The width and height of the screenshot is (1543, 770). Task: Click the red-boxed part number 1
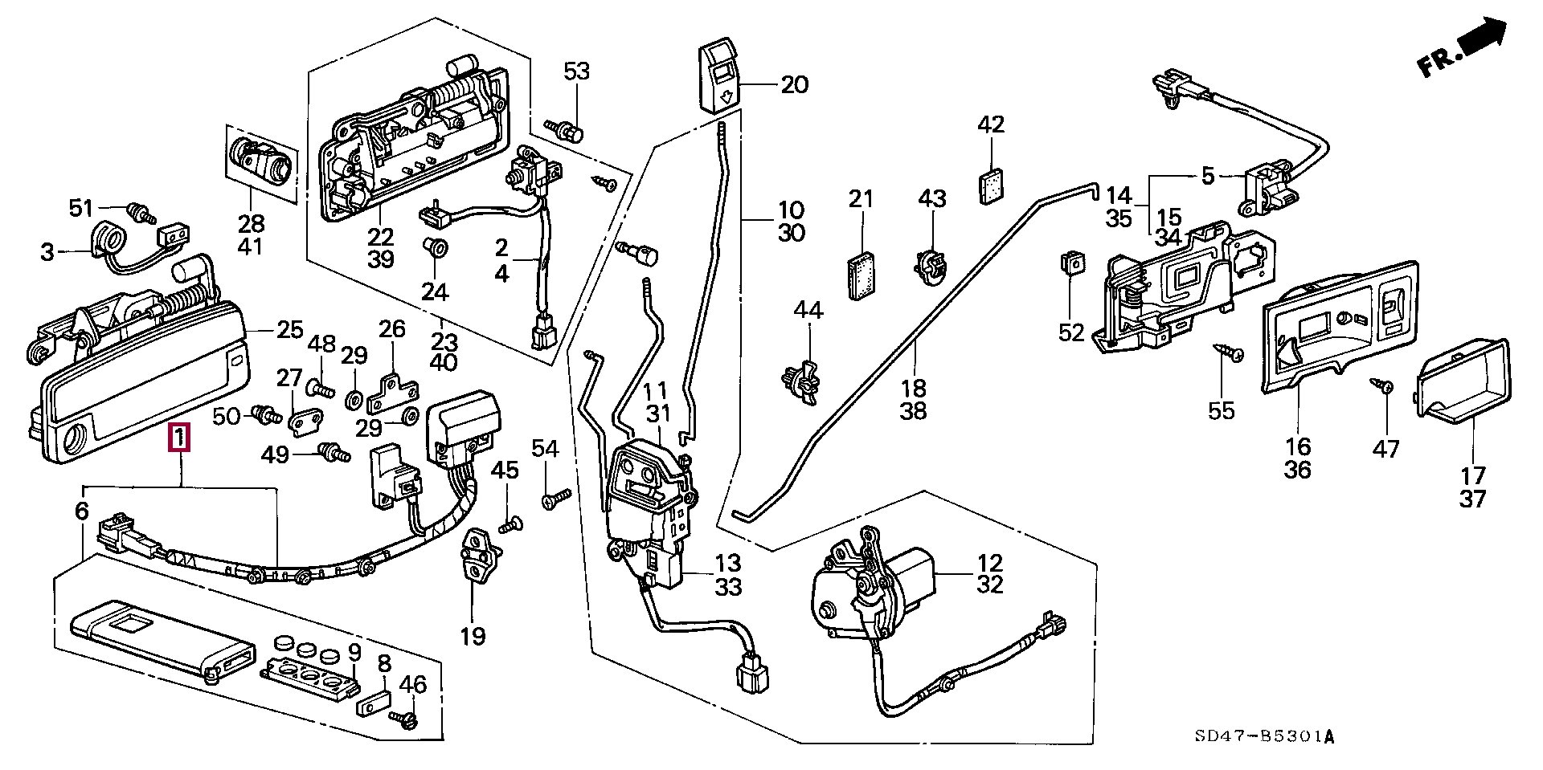tap(179, 438)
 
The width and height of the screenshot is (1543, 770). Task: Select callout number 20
tap(794, 84)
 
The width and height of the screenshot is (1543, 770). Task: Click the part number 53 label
tap(576, 71)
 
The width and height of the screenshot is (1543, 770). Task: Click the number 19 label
tap(473, 637)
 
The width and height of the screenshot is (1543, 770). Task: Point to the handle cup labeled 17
tap(1462, 380)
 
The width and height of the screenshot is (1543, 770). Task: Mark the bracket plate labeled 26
tap(393, 389)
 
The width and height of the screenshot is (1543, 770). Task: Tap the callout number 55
tap(1221, 411)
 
